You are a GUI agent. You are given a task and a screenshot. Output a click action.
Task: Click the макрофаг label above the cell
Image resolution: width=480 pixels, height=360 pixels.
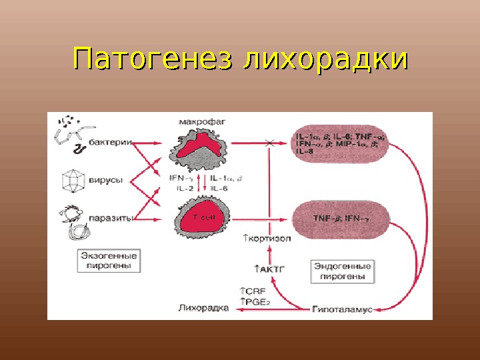(x=199, y=122)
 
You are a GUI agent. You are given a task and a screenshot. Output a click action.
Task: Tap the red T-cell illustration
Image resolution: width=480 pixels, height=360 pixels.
(x=201, y=218)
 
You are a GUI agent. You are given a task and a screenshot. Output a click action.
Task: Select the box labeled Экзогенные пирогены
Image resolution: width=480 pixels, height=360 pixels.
(x=109, y=261)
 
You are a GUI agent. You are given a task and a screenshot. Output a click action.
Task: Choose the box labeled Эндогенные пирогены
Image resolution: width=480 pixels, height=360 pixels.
(x=342, y=271)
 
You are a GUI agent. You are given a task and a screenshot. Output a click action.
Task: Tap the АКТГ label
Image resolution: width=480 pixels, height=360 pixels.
(x=266, y=269)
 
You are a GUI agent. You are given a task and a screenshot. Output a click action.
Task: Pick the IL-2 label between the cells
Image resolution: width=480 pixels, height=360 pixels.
(x=185, y=189)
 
